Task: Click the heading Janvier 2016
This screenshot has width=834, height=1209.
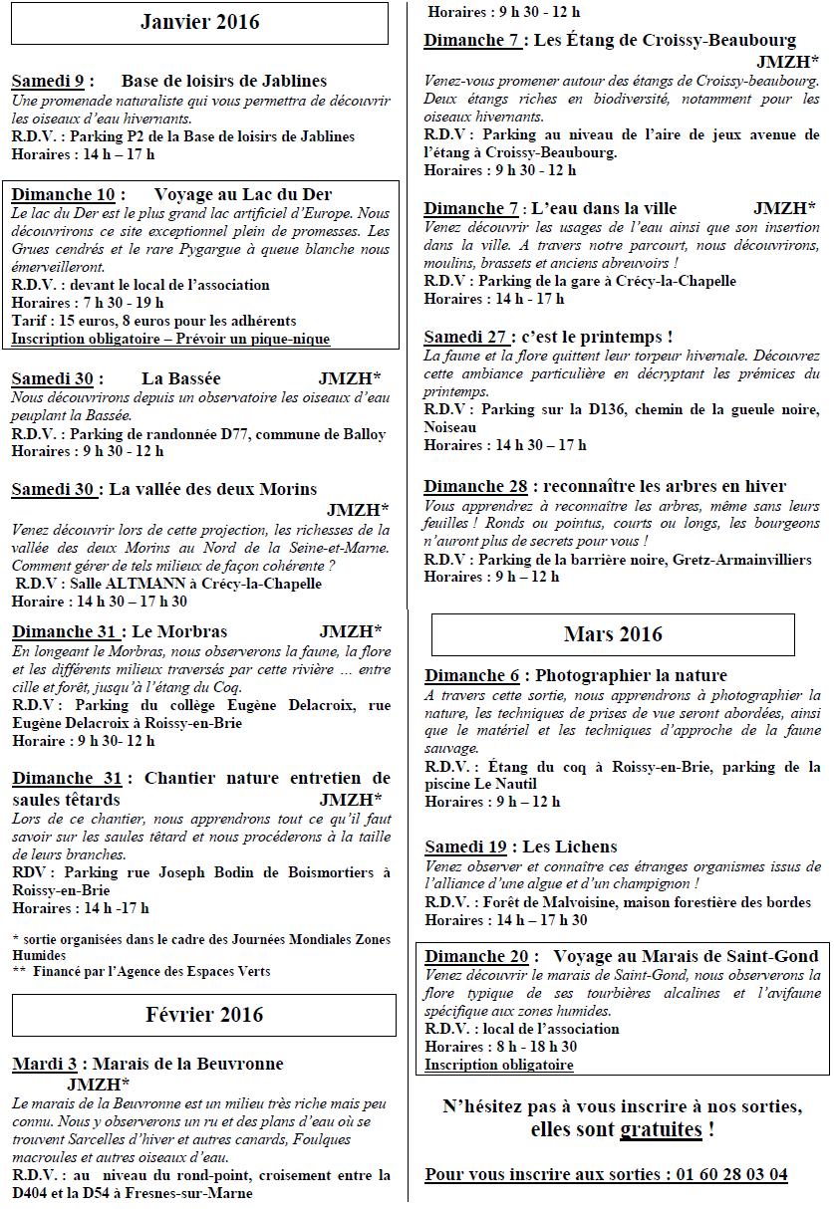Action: point(200,22)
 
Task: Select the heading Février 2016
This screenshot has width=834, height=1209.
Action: point(204,1015)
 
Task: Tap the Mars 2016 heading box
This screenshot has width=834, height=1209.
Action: point(613,634)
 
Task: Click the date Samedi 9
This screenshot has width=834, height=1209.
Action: point(47,81)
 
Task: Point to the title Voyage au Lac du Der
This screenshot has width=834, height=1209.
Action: point(243,194)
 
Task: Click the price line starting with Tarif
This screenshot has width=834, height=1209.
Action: point(153,321)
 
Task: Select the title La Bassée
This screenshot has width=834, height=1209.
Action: point(181,378)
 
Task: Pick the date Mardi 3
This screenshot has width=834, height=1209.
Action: point(45,1065)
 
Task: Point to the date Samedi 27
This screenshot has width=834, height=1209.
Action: point(465,337)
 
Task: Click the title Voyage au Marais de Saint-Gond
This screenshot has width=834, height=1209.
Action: point(686,956)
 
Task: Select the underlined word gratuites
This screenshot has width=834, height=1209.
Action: point(661,1129)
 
